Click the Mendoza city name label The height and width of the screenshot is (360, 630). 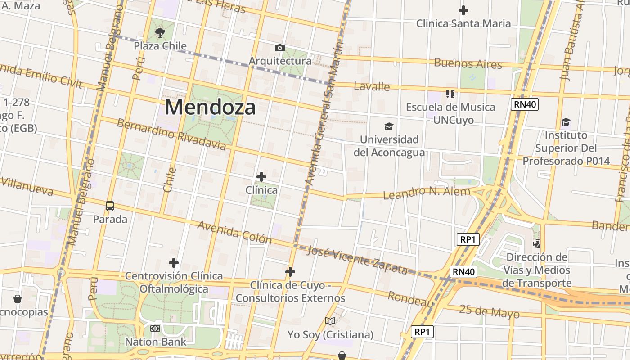pos(210,108)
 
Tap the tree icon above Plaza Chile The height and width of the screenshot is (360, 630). pos(160,32)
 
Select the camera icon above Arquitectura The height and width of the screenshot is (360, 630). pos(280,48)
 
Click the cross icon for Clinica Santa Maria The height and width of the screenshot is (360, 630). pos(463,10)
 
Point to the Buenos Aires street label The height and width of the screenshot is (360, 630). pos(468,63)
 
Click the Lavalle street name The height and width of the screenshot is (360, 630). pos(372,86)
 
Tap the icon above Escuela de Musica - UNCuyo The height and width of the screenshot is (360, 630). pos(450,94)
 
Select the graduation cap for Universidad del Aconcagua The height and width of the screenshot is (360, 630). pos(389,127)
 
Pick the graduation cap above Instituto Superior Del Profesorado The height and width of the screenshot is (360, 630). pos(566,122)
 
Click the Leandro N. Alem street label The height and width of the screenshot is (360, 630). pos(426,193)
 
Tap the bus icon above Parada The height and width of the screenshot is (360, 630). pos(110,206)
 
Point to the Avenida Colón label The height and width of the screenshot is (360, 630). pos(234,232)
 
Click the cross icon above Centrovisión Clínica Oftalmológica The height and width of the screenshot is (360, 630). pos(174,262)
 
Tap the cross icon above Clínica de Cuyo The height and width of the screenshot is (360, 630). pos(290,271)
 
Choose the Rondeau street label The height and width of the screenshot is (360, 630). pos(410,299)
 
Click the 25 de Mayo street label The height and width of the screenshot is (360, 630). pos(489,311)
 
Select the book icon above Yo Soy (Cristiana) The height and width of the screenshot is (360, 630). pos(330,321)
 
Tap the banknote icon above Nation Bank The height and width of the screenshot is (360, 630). pos(155,328)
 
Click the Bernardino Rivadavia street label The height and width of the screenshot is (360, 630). pos(171,134)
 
